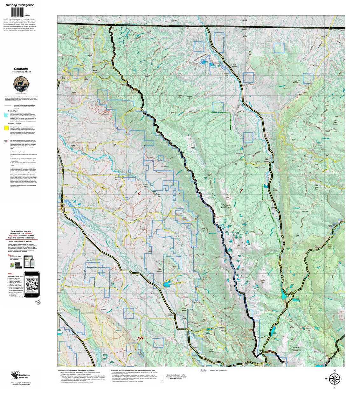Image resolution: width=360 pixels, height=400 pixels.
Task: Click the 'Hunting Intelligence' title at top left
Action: pos(20,5)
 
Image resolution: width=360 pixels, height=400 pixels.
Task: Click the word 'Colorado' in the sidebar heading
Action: pos(21,69)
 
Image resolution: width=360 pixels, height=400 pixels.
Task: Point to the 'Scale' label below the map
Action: pos(203,371)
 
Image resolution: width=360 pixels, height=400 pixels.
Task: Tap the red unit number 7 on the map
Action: pos(241,190)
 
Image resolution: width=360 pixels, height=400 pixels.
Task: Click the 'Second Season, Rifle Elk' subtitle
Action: pos(21,72)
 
